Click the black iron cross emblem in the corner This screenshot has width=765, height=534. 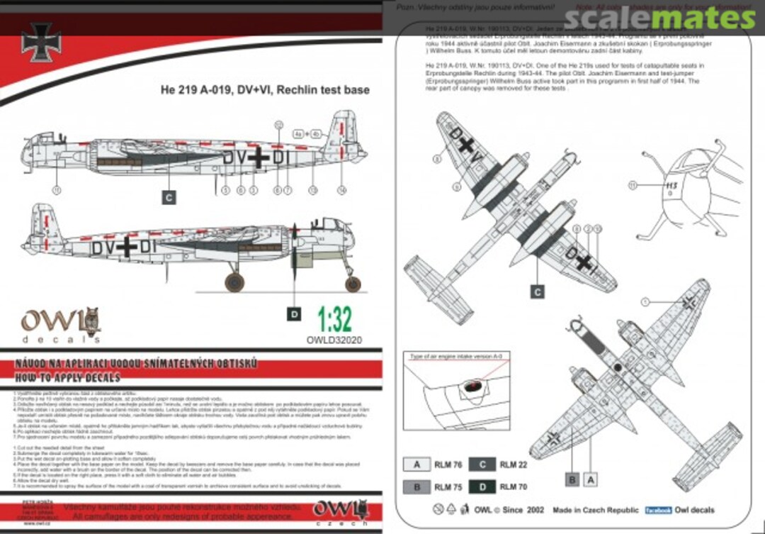[x=41, y=42]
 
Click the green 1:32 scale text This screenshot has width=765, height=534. [x=335, y=321]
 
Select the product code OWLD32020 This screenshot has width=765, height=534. [x=335, y=340]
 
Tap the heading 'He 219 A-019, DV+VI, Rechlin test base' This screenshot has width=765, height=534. [x=263, y=90]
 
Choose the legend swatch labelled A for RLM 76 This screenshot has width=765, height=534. [x=417, y=465]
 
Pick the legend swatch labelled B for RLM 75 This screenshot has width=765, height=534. [x=417, y=487]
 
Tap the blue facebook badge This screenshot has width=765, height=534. [x=658, y=510]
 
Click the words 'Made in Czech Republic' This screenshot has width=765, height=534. [x=593, y=510]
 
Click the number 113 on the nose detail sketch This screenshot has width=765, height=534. [x=671, y=187]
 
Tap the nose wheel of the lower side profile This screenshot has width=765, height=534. [x=353, y=284]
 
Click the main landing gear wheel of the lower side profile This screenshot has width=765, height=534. [x=234, y=283]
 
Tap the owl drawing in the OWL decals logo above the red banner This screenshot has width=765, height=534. [x=91, y=321]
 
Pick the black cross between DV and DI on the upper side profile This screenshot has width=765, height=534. [x=256, y=157]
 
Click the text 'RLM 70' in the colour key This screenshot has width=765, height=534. [x=514, y=487]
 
